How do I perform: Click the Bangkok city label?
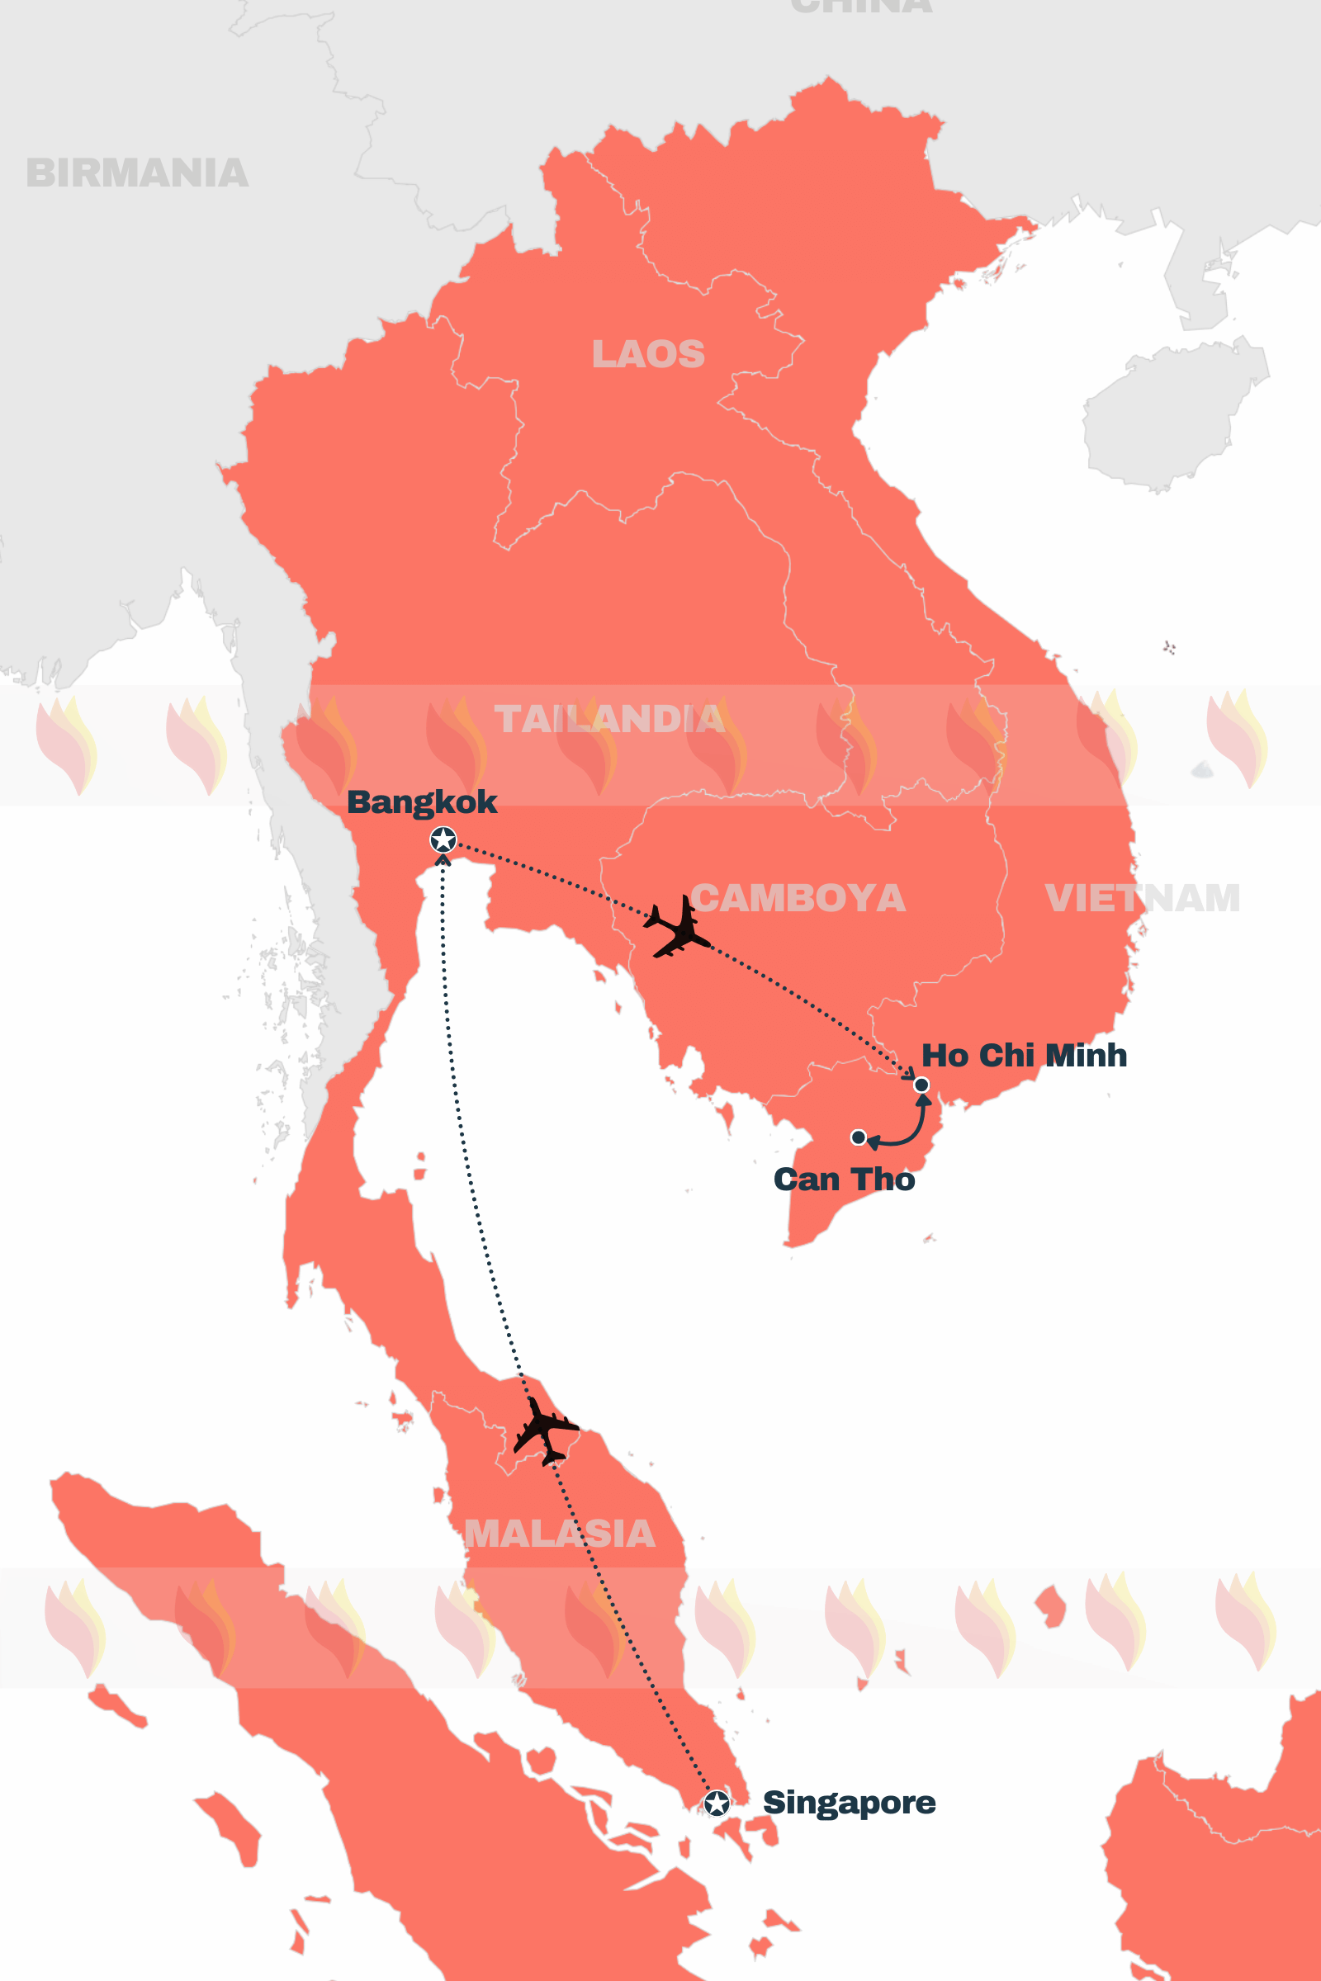click(421, 801)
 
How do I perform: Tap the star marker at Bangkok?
click(443, 839)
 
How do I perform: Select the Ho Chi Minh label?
click(1024, 1055)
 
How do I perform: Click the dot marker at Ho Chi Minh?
click(921, 1085)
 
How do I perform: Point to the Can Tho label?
click(843, 1180)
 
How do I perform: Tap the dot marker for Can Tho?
click(859, 1137)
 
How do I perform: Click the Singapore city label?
click(849, 1802)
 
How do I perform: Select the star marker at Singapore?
click(716, 1804)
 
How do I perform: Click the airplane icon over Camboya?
click(678, 927)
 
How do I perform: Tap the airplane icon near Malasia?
click(544, 1430)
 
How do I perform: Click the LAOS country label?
click(648, 354)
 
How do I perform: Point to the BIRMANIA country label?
click(137, 173)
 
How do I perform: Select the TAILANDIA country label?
click(608, 718)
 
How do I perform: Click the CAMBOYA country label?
click(798, 898)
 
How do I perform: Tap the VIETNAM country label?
click(1142, 898)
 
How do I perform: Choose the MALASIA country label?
click(560, 1534)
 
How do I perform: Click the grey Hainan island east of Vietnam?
click(1171, 413)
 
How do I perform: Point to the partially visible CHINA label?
click(861, 7)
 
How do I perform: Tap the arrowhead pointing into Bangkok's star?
click(443, 860)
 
